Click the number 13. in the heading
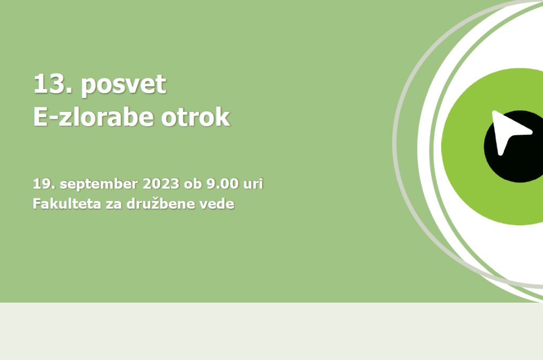53,84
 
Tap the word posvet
124,85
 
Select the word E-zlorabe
93,117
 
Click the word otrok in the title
195,117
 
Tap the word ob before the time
192,183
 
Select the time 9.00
222,183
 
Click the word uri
253,183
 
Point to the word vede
217,204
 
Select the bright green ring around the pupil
462,147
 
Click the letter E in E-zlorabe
41,117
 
